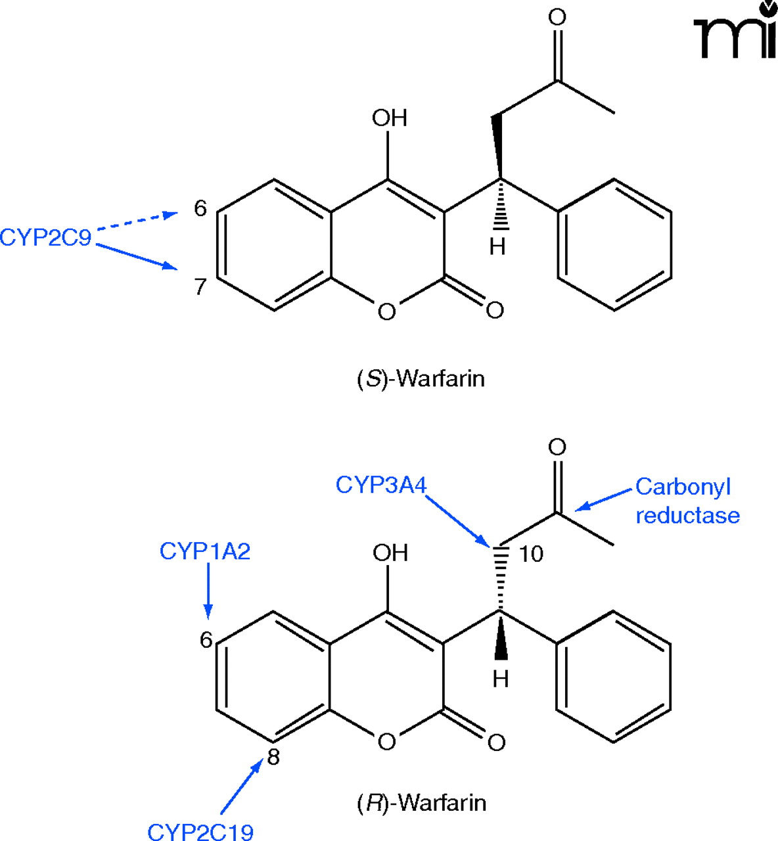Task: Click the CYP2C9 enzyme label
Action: pos(46,237)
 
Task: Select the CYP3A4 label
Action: pos(380,485)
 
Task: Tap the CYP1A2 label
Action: pos(205,551)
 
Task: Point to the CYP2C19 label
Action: pos(200,831)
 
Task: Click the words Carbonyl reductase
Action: pos(687,501)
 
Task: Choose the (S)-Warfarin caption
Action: pos(421,379)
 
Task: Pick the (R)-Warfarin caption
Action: pos(421,802)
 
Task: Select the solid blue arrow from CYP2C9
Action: pos(137,256)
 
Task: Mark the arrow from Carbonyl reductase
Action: pos(605,499)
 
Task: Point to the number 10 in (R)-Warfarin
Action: pos(531,555)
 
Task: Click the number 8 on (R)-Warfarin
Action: pos(273,758)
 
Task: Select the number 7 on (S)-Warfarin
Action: pos(200,286)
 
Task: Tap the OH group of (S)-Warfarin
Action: pos(389,118)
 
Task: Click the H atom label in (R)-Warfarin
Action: pos(500,679)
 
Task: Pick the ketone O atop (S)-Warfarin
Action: pos(557,17)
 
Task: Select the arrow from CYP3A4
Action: pos(457,520)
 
